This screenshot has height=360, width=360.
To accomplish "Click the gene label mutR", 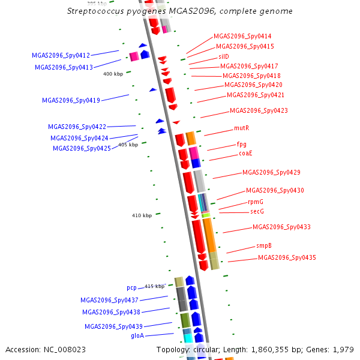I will click(241, 128).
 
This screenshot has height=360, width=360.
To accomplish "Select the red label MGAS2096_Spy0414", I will click(242, 37).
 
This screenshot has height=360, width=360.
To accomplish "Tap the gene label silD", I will click(224, 56).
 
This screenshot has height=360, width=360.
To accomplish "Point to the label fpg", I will click(241, 145).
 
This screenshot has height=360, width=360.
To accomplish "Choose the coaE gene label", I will click(245, 154).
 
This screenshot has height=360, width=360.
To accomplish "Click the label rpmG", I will click(256, 202).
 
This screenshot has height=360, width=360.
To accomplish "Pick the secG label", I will click(257, 212).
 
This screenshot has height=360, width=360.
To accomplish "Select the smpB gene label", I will click(264, 246).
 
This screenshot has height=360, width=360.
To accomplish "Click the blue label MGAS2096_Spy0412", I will click(61, 55).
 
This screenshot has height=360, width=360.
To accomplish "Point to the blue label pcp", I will click(131, 288).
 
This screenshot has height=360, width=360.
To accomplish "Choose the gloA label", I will click(137, 336).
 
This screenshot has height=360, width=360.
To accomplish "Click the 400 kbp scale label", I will click(113, 74).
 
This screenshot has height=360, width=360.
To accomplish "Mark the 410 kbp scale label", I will click(142, 215).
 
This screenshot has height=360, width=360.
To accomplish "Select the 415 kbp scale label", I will click(154, 287).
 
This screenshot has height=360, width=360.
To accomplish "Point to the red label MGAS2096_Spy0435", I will click(287, 258).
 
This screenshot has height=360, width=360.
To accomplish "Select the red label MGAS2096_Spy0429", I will click(271, 173).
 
